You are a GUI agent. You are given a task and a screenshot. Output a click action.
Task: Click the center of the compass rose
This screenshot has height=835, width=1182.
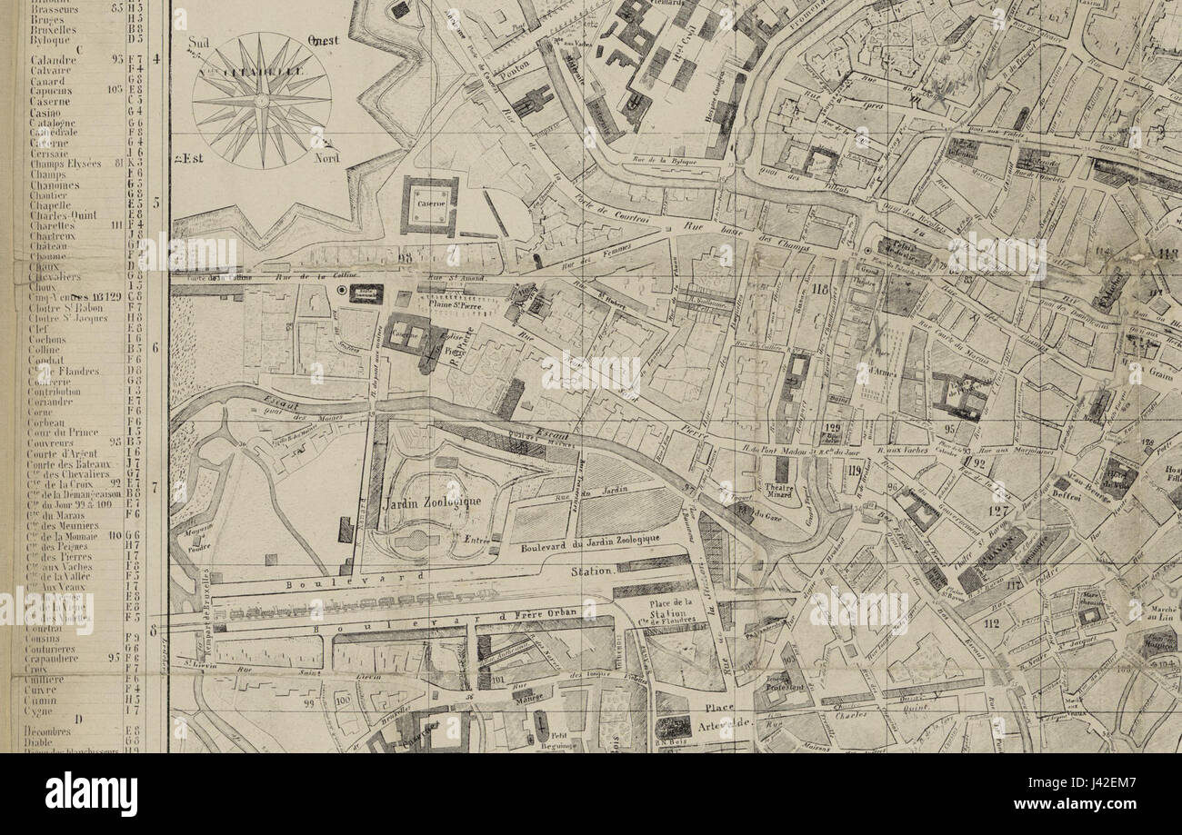[x=262, y=100]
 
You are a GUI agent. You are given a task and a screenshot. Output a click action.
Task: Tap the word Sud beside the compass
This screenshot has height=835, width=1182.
[x=198, y=43]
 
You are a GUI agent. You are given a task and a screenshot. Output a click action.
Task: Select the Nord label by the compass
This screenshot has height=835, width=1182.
[x=326, y=157]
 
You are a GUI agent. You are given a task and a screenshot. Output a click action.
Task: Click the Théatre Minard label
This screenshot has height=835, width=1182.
[x=780, y=491]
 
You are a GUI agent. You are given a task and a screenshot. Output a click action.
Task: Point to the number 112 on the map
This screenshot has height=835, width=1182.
[x=991, y=623]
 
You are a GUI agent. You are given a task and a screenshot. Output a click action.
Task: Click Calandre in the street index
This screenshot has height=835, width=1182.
[x=53, y=60]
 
